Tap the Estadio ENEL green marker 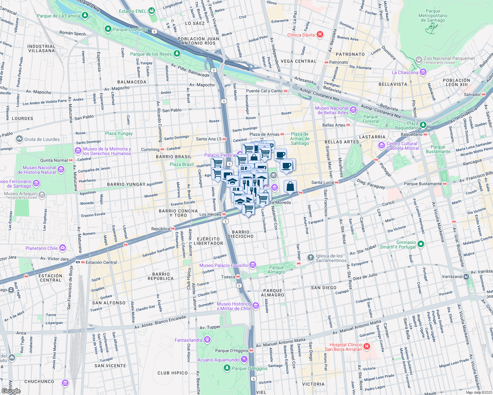151,11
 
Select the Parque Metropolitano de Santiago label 433,16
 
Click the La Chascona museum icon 423,72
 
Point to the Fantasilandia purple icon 207,339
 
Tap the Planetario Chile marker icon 63,248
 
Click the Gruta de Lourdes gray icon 19,139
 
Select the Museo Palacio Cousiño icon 252,265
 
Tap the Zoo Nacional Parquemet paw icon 419,60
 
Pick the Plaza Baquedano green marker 423,125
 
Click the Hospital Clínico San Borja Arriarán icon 367,347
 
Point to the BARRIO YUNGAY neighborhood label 126,184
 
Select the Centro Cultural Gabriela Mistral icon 382,145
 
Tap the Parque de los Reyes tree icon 177,53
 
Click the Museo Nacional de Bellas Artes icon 353,110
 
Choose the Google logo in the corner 11,391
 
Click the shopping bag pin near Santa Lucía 290,187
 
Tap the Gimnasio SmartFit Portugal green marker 420,244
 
